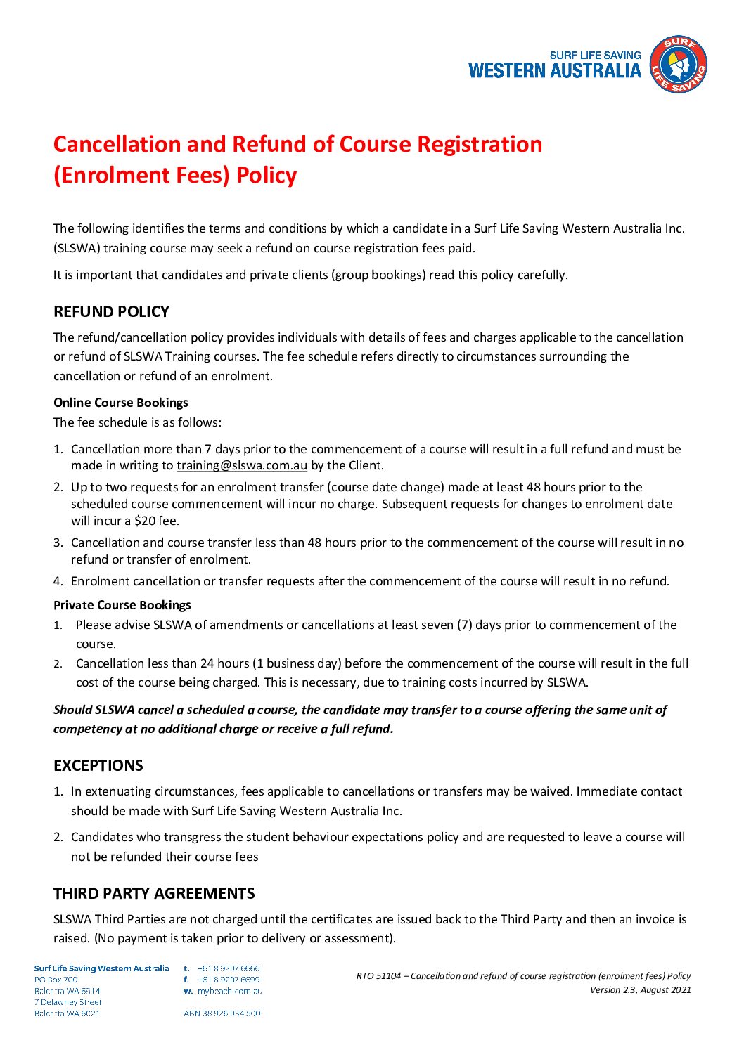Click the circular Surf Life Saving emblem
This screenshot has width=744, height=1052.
pos(678,65)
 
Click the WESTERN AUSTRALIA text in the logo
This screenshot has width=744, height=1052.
pos(554,70)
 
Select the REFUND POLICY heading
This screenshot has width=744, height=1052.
pos(111,311)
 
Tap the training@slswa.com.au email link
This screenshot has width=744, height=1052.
pos(241,465)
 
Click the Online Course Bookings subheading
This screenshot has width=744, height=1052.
pos(121,403)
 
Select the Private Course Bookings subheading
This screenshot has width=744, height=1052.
pos(122,605)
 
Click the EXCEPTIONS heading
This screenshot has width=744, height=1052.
pos(98,765)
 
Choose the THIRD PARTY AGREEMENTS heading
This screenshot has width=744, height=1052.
pos(154,893)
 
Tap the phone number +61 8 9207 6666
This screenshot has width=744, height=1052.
pos(229,968)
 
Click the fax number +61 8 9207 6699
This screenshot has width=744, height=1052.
pos(229,980)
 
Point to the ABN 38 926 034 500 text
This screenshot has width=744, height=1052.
pos(222,1013)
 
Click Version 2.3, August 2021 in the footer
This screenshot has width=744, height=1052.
pos(640,990)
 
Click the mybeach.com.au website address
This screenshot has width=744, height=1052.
pos(229,991)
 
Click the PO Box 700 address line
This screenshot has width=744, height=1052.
pos(56,980)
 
